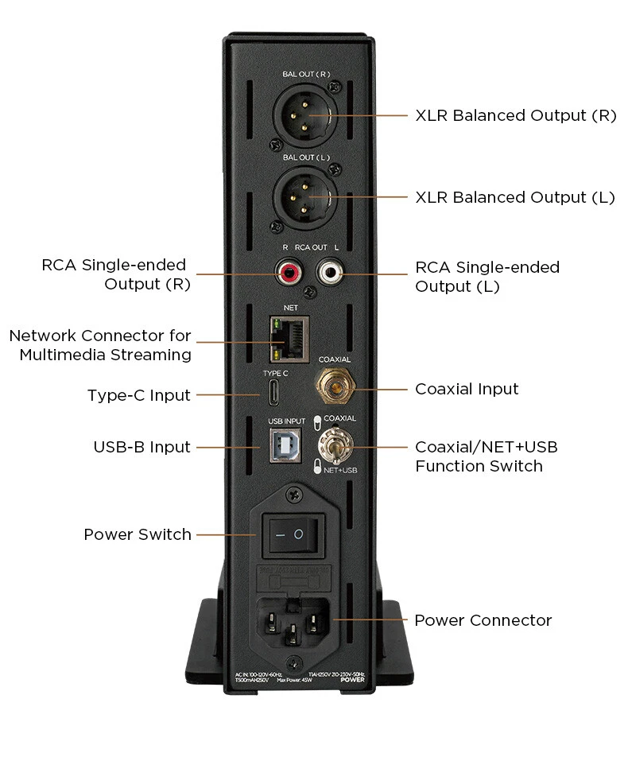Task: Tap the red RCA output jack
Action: (x=288, y=275)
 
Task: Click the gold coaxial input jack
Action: (x=335, y=388)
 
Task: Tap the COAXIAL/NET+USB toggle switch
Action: (x=333, y=446)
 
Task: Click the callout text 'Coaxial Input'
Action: (x=467, y=389)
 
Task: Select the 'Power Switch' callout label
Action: (x=138, y=534)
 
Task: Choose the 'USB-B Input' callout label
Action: (x=141, y=447)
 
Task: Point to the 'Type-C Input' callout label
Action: (x=138, y=395)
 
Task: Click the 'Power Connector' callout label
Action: (x=483, y=620)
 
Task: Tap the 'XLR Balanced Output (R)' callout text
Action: (x=516, y=115)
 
